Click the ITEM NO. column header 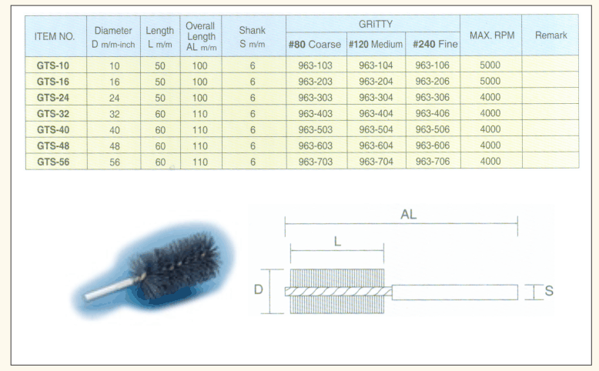55,36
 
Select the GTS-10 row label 53,65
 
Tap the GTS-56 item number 53,162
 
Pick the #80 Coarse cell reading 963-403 316,114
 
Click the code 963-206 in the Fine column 433,82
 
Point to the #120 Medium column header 376,45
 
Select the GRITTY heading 376,25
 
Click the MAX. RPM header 492,35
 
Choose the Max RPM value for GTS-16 490,81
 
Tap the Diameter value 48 115,146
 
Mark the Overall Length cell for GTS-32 200,114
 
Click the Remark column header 550,35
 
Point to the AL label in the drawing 408,214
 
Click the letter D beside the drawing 258,289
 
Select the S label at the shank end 549,291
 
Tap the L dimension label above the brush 337,242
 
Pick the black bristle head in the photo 176,267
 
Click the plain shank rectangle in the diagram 454,292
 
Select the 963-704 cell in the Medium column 376,162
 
